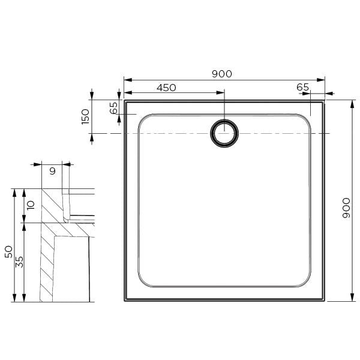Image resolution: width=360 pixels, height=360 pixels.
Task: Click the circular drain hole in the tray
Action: [x=224, y=133]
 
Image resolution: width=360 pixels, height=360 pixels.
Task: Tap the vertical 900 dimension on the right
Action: [x=346, y=208]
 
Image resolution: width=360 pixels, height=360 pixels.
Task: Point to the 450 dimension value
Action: [x=166, y=88]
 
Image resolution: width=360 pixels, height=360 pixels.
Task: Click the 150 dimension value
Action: [x=85, y=116]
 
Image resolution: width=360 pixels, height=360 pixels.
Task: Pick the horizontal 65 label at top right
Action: [x=302, y=88]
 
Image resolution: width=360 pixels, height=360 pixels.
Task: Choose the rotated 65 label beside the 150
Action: [x=114, y=108]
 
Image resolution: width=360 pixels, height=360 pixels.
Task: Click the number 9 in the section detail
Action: [x=52, y=171]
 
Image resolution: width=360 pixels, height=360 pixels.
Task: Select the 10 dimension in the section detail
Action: [x=31, y=205]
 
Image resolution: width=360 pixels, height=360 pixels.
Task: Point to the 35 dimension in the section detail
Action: [x=20, y=262]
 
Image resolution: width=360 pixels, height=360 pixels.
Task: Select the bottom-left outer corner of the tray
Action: [x=125, y=300]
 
